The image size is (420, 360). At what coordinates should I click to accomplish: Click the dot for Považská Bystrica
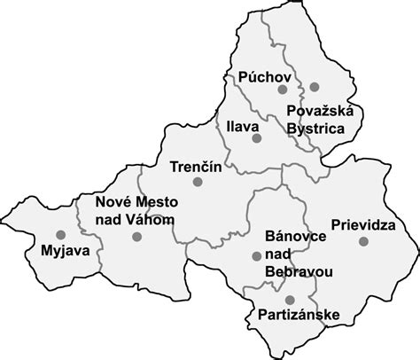pos(314,87)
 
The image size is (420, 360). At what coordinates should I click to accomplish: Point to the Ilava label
pos(241,126)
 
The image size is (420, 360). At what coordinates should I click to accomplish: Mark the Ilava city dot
pos(255,139)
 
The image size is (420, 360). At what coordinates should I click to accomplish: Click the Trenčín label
pos(195,165)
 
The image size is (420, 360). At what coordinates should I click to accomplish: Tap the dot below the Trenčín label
pos(198,181)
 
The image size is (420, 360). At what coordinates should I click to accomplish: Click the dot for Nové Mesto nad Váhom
pos(136,237)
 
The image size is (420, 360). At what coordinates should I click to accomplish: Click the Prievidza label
pos(363,225)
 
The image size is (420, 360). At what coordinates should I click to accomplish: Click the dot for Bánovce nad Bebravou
pos(256,255)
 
